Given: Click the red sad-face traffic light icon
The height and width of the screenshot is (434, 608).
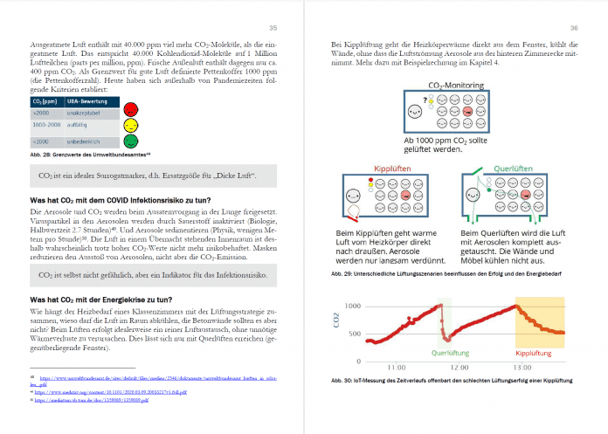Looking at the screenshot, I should click(130, 110).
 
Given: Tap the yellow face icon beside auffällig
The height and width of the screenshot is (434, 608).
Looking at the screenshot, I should click(130, 125).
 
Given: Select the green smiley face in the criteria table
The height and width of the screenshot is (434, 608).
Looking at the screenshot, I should click(130, 140).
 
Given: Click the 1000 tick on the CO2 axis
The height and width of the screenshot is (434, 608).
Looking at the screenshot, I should click(350, 307).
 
